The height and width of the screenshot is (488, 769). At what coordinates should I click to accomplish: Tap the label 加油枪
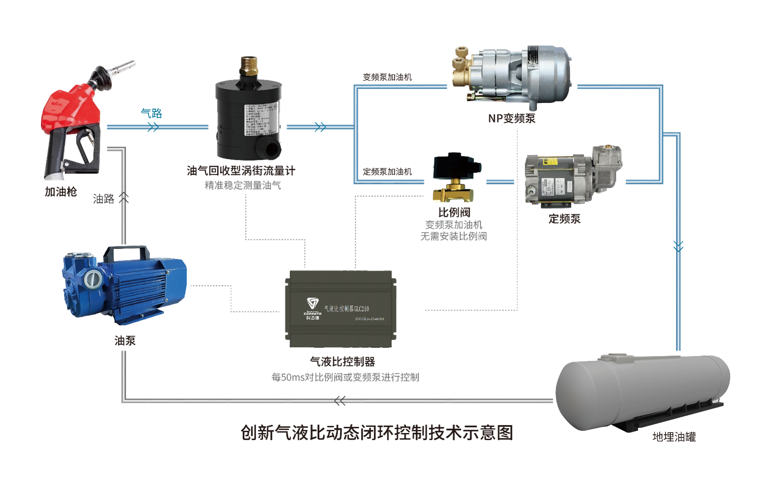(x=61, y=191)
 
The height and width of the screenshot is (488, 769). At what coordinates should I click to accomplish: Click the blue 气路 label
(x=151, y=113)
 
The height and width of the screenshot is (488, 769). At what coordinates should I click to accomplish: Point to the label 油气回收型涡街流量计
(x=241, y=171)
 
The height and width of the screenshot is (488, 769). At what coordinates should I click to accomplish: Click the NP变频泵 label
(x=512, y=118)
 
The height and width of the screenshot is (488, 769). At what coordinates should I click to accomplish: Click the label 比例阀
(x=454, y=212)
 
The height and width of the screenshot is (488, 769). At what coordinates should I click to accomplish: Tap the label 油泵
(x=125, y=341)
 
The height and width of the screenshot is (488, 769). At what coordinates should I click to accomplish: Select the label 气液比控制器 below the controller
(x=342, y=362)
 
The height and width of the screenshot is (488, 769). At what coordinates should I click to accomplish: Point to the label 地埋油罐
(x=674, y=437)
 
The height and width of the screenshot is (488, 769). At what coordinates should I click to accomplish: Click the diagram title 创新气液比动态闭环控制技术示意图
(x=377, y=433)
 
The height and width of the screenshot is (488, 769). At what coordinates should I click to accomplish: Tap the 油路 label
(x=104, y=199)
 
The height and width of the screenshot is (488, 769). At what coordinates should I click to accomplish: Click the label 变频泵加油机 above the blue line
(x=387, y=77)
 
